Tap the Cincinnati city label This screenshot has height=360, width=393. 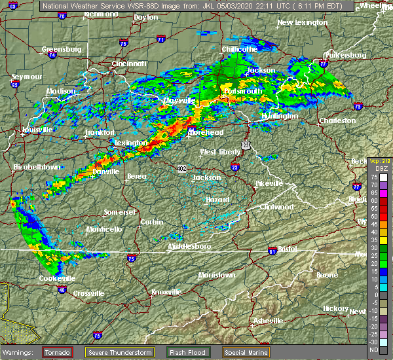(x=129, y=63)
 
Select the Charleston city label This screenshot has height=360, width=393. (x=337, y=120)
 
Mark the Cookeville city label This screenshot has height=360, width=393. (x=57, y=278)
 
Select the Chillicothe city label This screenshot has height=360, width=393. (x=239, y=49)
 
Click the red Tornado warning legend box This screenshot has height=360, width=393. (x=58, y=351)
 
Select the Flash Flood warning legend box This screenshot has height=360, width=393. (x=187, y=351)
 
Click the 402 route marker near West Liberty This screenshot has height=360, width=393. (x=181, y=169)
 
